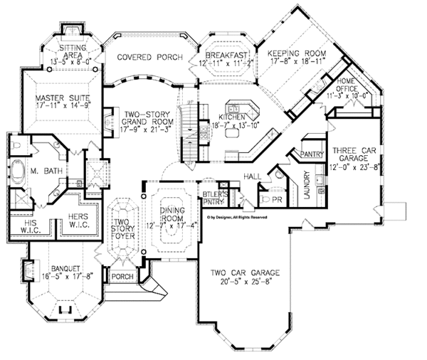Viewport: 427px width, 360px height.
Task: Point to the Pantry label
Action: pyautogui.click(x=312, y=154)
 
